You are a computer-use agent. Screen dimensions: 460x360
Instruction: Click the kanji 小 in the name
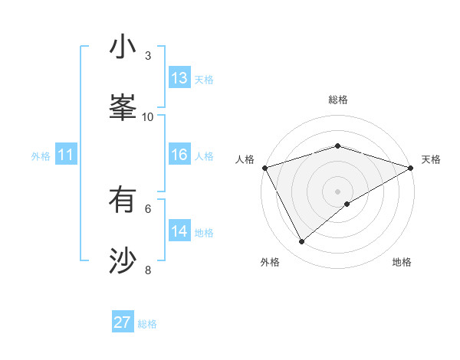[x=123, y=48]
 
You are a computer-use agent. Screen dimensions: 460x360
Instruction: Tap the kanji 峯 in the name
[x=123, y=107]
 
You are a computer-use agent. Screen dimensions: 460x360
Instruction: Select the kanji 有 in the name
[x=123, y=201]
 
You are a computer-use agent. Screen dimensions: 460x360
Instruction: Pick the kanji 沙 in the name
[x=123, y=260]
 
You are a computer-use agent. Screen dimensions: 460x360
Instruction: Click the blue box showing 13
[x=179, y=78]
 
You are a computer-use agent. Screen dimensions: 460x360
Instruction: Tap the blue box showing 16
[x=179, y=155]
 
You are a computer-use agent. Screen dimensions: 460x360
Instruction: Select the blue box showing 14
[x=179, y=231]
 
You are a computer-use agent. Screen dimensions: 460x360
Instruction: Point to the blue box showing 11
[x=66, y=155]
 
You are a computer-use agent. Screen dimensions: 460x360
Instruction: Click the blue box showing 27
[x=123, y=322]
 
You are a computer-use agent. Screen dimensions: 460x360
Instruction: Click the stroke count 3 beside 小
[x=148, y=56]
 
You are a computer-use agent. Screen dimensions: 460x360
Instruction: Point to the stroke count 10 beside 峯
[x=148, y=116]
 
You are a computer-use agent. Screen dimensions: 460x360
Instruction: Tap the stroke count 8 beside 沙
[x=148, y=270]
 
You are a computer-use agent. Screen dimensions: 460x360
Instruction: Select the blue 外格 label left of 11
[x=41, y=155]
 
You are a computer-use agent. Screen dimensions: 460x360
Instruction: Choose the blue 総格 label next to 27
[x=147, y=324]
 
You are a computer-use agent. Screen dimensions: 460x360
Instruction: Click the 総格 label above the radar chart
[x=337, y=100]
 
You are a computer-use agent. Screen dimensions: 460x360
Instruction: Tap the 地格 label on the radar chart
[x=402, y=263]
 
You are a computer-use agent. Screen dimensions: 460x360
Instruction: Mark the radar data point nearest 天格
[x=411, y=168]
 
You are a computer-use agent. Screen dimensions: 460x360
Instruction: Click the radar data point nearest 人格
[x=264, y=168]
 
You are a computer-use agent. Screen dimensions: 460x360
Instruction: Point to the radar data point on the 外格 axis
[x=302, y=242]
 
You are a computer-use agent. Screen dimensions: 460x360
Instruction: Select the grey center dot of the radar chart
[x=337, y=191]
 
